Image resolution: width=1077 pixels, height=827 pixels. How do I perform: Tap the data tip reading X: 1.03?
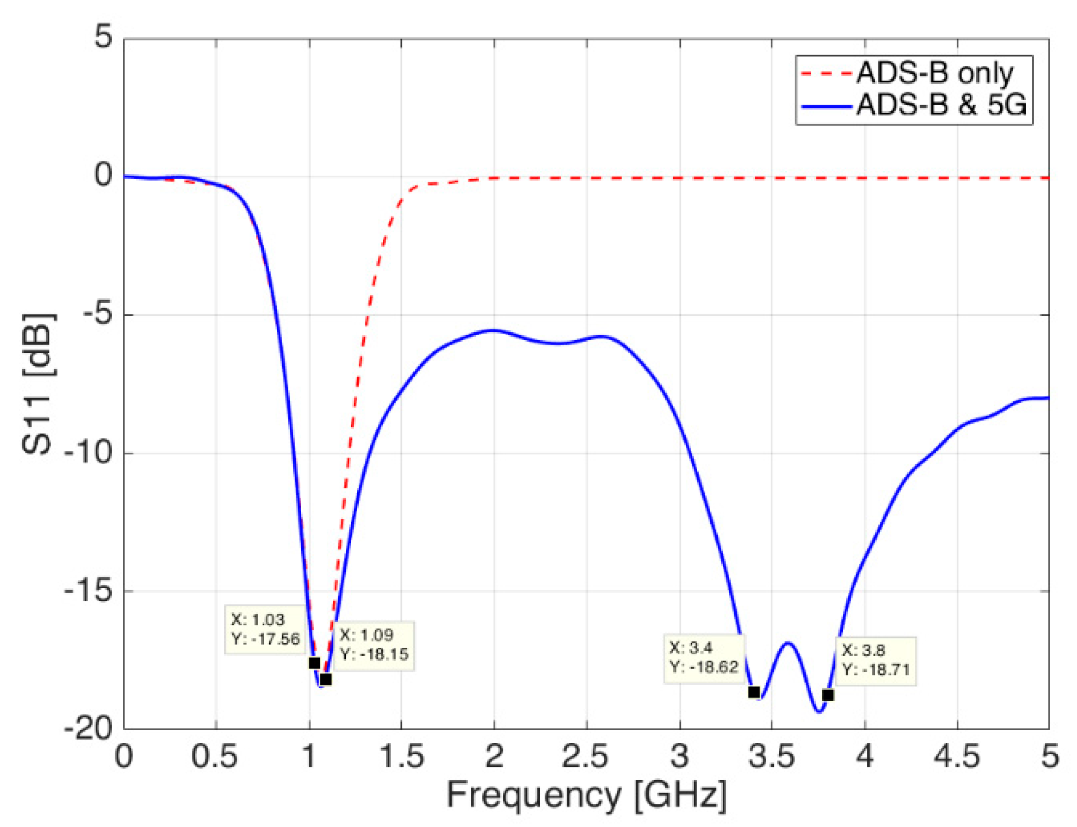pos(265,629)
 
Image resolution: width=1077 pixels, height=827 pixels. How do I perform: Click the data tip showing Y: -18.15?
pos(374,645)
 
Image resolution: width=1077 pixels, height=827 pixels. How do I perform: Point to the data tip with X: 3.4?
pos(704,658)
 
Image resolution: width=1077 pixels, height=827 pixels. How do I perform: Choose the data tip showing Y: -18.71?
pos(875,660)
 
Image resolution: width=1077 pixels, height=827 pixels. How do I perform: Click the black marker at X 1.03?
pos(314,663)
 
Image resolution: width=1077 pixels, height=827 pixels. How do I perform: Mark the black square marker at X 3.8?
pos(828,695)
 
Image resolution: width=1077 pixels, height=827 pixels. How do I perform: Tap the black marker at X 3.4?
pos(754,692)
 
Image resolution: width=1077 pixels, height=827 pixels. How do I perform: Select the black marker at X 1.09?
pos(325,679)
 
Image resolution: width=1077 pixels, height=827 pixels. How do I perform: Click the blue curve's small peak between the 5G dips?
pos(788,643)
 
